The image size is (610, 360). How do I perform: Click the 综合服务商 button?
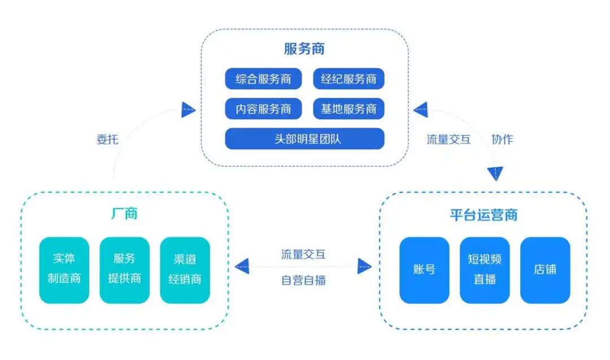263,79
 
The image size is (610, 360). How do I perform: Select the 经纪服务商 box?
348,79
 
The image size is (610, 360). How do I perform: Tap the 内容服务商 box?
263,109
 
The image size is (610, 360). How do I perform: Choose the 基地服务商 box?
348,109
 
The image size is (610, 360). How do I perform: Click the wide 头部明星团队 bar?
304,139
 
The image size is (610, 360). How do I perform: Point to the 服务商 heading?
304,49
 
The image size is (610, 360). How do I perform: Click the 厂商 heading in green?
124,215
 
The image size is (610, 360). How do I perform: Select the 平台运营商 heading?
483,215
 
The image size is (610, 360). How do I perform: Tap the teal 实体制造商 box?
64,270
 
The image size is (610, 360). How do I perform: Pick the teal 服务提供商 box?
124,270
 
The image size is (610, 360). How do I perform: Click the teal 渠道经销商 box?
185,270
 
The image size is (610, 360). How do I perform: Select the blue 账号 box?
424,270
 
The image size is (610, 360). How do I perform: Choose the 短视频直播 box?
485,270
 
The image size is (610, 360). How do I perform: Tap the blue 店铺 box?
545,270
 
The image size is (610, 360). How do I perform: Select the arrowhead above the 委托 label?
188,110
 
